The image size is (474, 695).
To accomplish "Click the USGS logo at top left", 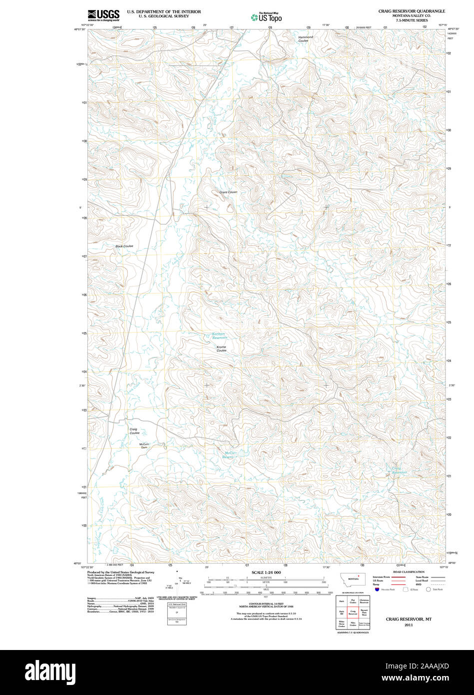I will pos(103,14).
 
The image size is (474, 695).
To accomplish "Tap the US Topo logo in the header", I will pos(266,17).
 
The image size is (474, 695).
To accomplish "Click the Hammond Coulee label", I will pos(305,39).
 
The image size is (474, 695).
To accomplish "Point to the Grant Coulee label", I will pos(228,192).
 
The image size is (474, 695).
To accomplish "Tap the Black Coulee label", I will pos(124,246).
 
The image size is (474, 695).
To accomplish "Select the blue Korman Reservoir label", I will pos(219,336).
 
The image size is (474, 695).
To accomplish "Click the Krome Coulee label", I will pos(221,348).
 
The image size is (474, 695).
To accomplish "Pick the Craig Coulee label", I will pos(134,431).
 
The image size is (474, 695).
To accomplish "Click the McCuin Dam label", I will pos(144,445).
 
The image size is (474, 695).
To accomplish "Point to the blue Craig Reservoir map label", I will pos(399,470).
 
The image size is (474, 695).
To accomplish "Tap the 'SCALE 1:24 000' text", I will pos(267,572).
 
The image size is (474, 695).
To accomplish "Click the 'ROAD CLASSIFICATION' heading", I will pos(408,571).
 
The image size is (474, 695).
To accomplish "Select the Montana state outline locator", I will pos(353,579).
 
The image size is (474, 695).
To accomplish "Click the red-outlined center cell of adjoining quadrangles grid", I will pos(353,613).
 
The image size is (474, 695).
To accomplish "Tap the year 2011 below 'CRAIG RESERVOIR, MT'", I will pos(409,625).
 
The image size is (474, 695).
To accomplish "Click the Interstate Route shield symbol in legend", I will pos(376,589).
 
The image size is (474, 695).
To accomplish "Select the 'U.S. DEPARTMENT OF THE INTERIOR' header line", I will pos(164,11).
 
